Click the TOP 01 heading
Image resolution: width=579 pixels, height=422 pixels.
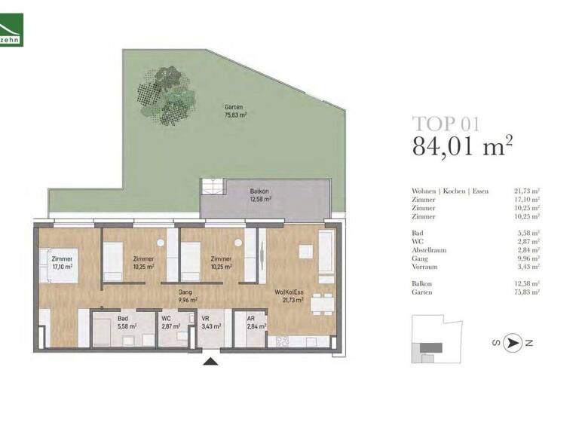[x=446, y=124]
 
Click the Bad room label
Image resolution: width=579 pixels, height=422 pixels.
[x=123, y=323]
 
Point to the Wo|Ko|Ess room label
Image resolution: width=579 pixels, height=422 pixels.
[x=289, y=296]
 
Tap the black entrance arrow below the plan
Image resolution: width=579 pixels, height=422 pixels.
[x=211, y=363]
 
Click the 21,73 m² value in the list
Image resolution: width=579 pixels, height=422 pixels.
[x=525, y=191]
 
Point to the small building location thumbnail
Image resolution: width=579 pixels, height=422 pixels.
[x=436, y=340]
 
